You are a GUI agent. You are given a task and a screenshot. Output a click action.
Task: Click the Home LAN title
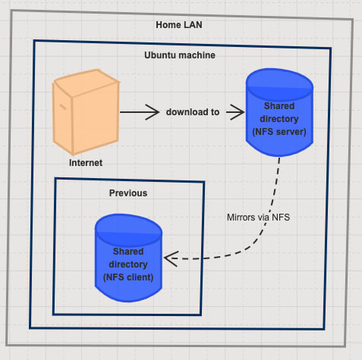pos(179,25)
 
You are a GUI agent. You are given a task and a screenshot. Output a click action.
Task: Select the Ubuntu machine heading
pos(180,55)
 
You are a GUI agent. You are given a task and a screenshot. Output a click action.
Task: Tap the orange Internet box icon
pos(86,112)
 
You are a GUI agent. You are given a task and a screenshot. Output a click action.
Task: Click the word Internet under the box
pos(86,163)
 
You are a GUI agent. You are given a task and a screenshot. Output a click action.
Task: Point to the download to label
pos(193,112)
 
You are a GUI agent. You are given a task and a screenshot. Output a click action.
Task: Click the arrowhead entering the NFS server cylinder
pos(236,112)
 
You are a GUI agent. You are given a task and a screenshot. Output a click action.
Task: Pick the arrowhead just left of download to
pos(153,112)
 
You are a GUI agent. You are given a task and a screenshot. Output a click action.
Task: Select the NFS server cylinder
pos(279,112)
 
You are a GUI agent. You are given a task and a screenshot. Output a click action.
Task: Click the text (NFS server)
pos(279,132)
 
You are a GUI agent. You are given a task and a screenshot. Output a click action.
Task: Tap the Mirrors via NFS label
pos(258,218)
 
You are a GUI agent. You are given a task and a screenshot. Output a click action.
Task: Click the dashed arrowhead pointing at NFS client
pos(172,258)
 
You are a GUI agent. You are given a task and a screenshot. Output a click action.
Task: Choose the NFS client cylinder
pos(128,258)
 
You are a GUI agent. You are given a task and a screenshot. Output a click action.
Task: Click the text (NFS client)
pos(128,277)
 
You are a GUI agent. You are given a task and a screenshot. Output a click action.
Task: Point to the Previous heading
pos(128,193)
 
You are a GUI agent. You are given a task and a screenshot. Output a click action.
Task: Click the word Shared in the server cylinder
pos(279,106)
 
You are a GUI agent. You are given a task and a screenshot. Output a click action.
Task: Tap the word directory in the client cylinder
pos(128,265)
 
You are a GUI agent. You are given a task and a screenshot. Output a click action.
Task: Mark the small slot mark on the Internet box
pos(63,107)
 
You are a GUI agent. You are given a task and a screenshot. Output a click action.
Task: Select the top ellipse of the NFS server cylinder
pos(279,85)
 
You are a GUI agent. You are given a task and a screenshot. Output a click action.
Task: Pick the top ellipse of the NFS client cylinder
pos(128,230)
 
